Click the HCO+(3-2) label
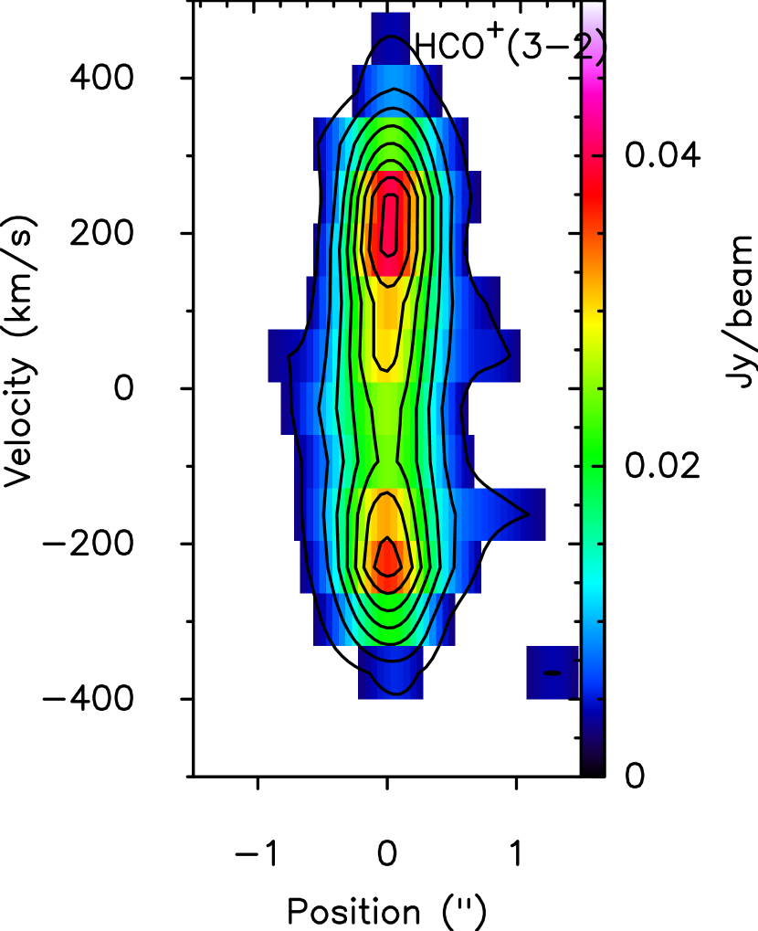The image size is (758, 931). [x=510, y=45]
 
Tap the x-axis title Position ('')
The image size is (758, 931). [x=386, y=911]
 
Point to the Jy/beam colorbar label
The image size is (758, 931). [x=739, y=312]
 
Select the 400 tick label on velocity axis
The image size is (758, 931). [x=101, y=78]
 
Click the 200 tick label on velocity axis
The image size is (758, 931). [x=101, y=233]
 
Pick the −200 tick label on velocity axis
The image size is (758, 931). [x=88, y=544]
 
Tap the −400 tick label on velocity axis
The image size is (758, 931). [x=88, y=699]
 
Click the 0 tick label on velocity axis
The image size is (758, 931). [x=123, y=388]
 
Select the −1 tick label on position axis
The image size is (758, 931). [x=257, y=854]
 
